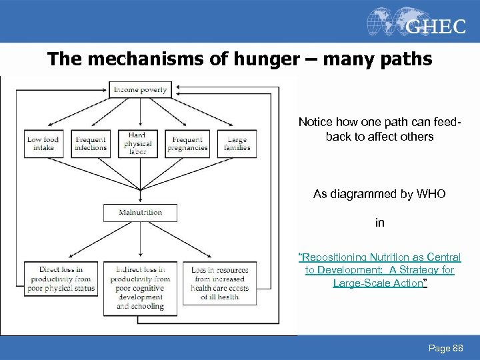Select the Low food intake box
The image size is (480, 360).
[43, 143]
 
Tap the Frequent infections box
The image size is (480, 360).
[90, 143]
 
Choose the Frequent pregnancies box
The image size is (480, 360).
[187, 143]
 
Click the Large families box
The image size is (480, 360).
[237, 143]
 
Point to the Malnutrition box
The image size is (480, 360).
[140, 213]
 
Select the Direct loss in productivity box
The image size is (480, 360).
[61, 279]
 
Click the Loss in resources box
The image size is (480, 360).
[220, 283]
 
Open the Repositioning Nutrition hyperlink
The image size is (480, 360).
[379, 270]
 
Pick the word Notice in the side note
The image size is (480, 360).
[315, 122]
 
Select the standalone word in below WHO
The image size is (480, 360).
[379, 223]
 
